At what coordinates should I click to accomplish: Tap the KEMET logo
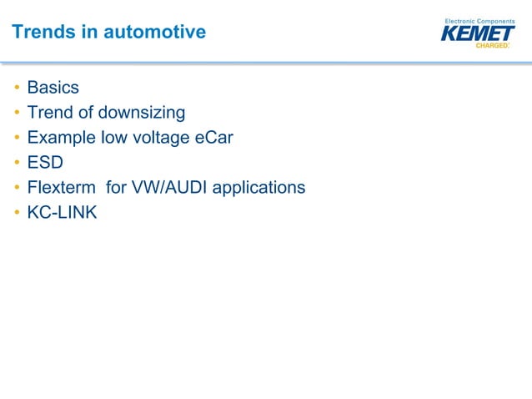point(477,33)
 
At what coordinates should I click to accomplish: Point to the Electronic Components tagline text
point(479,20)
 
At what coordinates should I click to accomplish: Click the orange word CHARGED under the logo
point(491,46)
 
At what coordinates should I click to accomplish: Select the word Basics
point(53,88)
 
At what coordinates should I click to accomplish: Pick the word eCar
point(213,138)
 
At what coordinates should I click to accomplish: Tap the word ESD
point(45,163)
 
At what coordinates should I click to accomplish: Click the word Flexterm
point(62,188)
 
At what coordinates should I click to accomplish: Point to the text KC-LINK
point(62,213)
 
